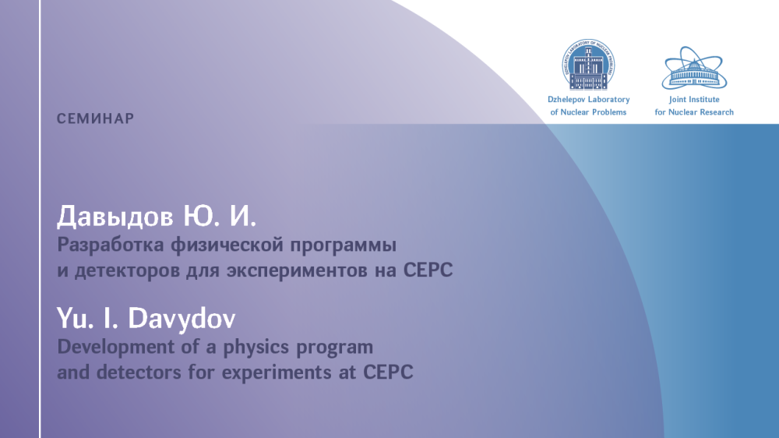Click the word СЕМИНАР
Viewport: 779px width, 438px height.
click(95, 118)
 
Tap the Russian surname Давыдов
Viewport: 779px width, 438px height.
click(115, 217)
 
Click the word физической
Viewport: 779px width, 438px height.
click(227, 245)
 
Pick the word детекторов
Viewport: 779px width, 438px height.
click(127, 271)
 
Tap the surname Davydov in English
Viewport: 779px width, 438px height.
click(182, 319)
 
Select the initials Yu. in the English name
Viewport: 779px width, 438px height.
click(75, 318)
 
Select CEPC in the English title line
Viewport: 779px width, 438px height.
click(388, 373)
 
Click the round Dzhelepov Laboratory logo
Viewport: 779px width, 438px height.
click(588, 65)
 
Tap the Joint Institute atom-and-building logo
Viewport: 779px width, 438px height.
click(694, 68)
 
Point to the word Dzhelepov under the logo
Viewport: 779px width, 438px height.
click(565, 100)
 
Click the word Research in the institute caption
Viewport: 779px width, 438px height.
click(715, 112)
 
